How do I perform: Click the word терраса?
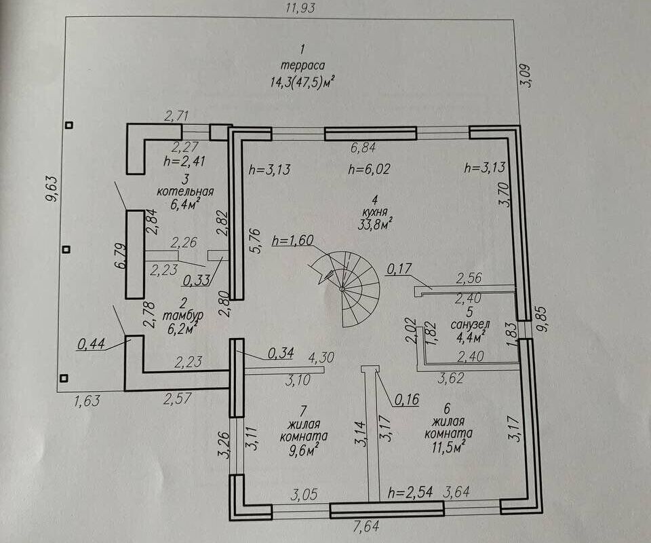[x=302, y=66]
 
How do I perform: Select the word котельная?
[x=185, y=191]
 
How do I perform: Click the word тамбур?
[x=182, y=316]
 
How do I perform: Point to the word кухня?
[x=375, y=212]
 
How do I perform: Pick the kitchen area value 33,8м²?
[x=375, y=224]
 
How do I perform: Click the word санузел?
[x=471, y=324]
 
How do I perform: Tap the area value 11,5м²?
[x=448, y=447]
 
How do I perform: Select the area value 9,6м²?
[x=304, y=450]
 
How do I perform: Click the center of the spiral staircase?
[x=342, y=288]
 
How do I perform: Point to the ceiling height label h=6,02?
[x=369, y=169]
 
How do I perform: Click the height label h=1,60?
[x=293, y=240]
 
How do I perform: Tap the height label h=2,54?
[x=410, y=493]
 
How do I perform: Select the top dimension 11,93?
[x=300, y=7]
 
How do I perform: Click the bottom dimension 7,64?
[x=366, y=527]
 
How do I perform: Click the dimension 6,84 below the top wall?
[x=363, y=147]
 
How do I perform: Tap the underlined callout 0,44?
[x=92, y=344]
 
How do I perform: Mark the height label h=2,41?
[x=184, y=161]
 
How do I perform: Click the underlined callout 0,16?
[x=406, y=400]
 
